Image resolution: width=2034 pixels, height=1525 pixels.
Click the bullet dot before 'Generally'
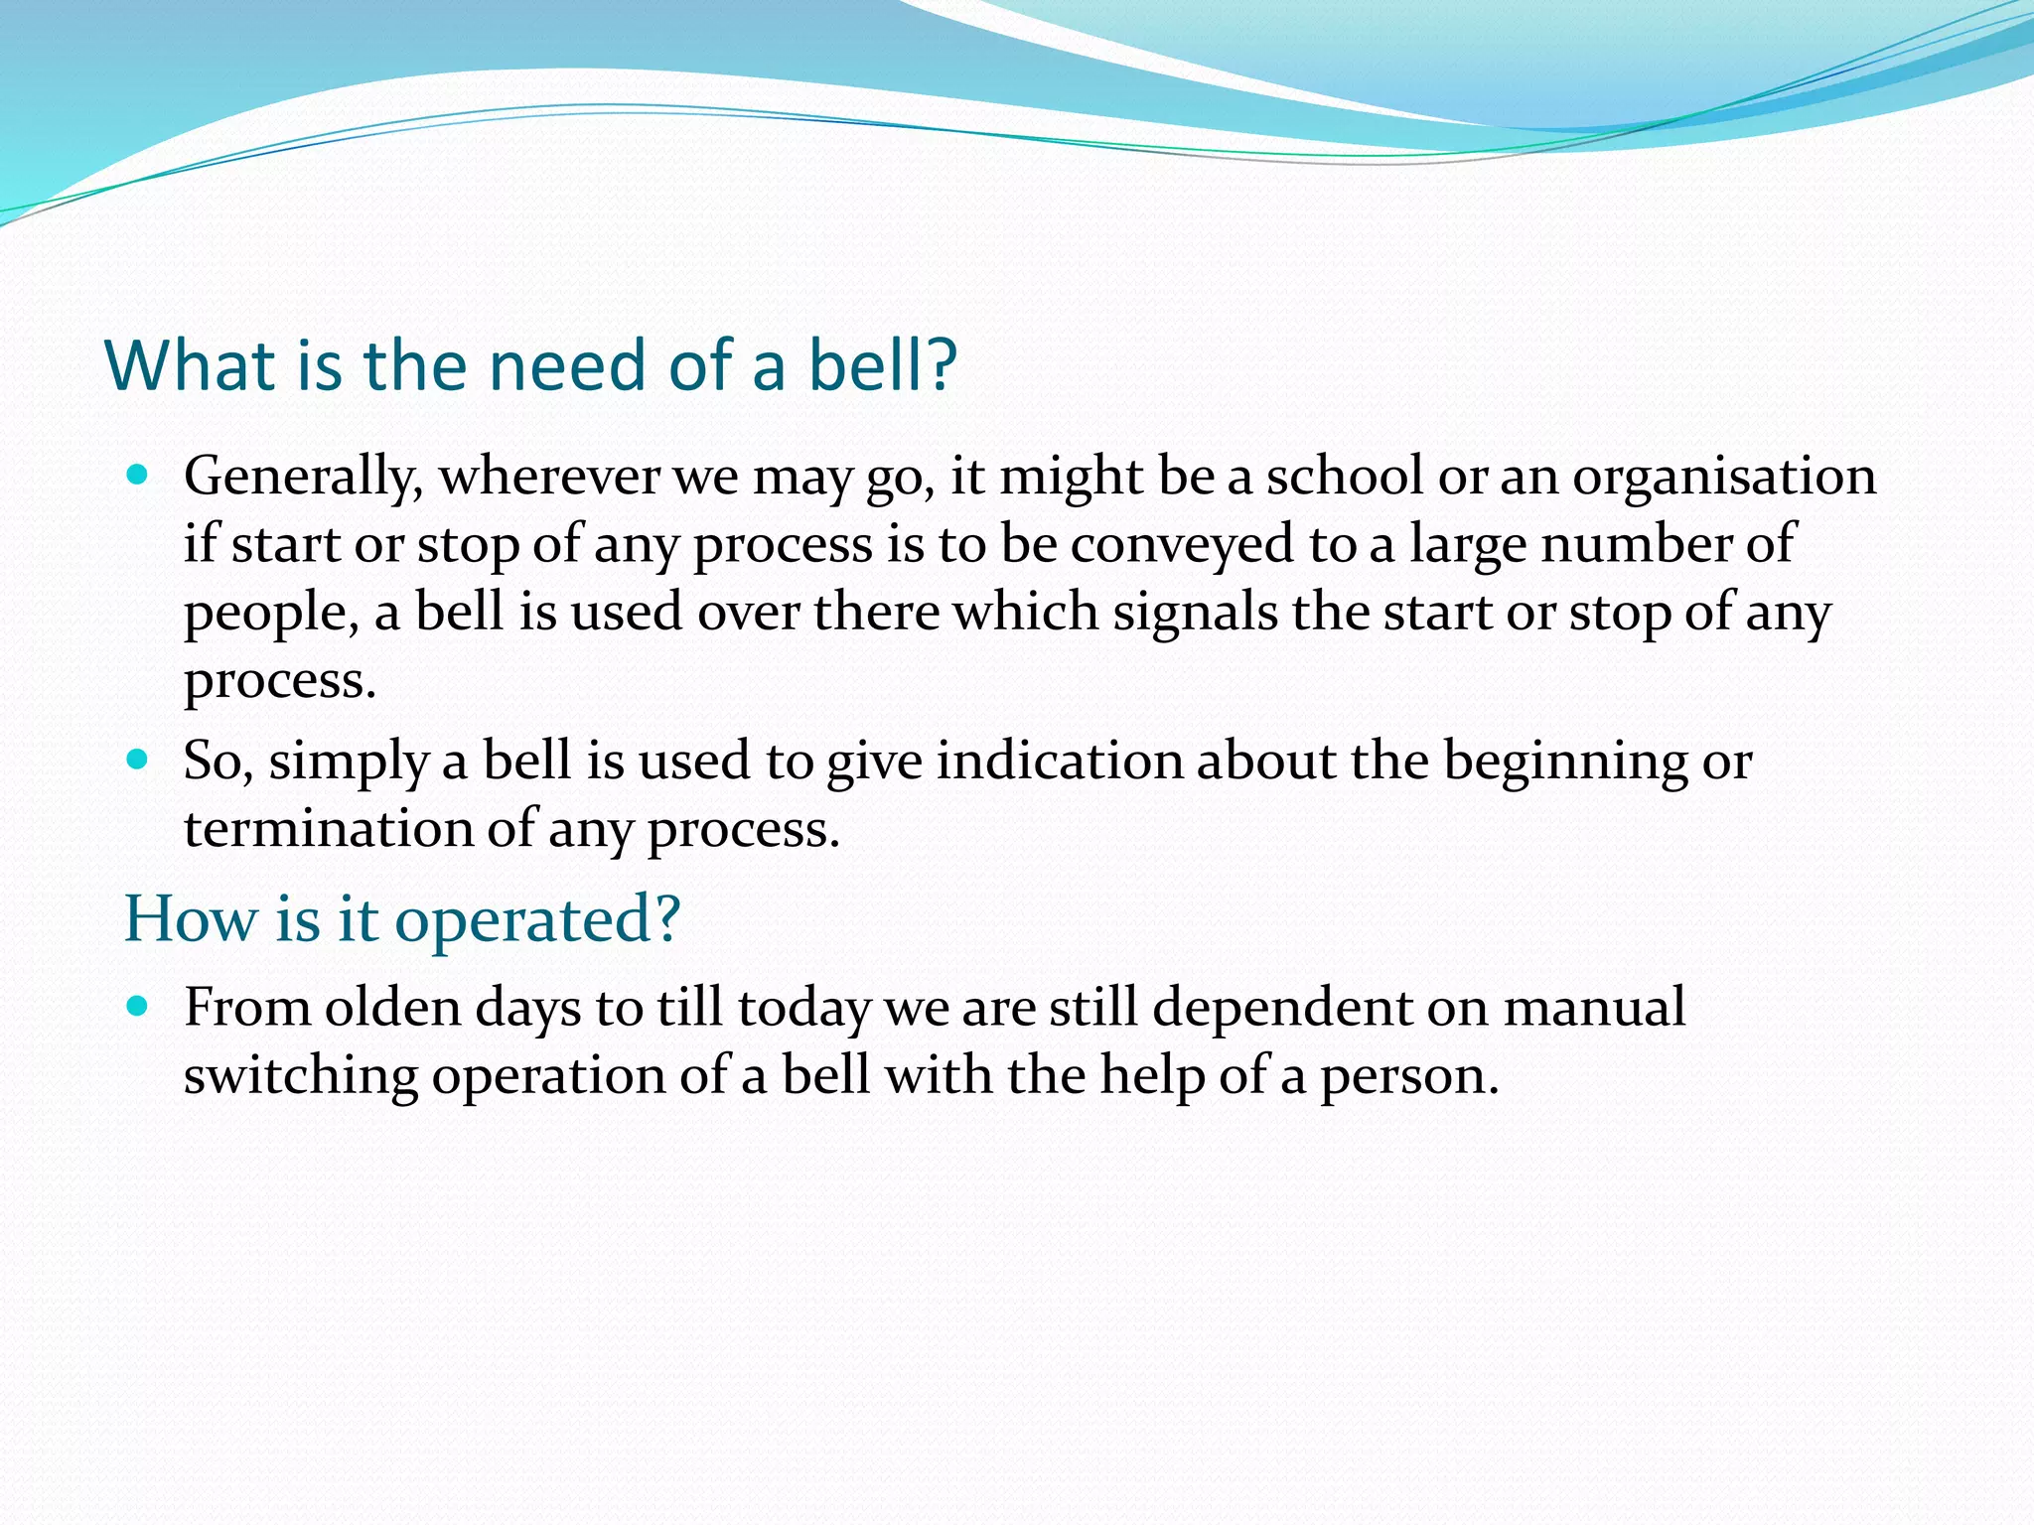point(138,476)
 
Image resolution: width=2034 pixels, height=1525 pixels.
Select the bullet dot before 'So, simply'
point(138,761)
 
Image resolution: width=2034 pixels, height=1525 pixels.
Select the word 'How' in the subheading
point(190,918)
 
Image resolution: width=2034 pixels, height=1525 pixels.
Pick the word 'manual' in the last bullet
point(1593,1008)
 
